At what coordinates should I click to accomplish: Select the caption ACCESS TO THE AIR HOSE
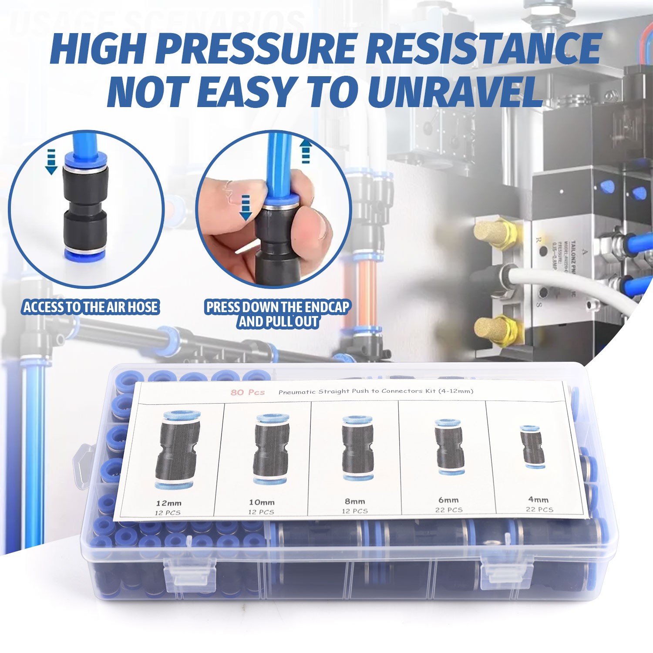pyautogui.click(x=91, y=307)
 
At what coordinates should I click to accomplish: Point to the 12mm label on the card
pyautogui.click(x=169, y=503)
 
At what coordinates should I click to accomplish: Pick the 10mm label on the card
pyautogui.click(x=262, y=502)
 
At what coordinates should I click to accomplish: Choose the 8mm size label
pyautogui.click(x=355, y=501)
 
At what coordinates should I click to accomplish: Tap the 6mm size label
pyautogui.click(x=448, y=500)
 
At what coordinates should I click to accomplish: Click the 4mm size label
pyautogui.click(x=539, y=499)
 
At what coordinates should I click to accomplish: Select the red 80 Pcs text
pyautogui.click(x=247, y=392)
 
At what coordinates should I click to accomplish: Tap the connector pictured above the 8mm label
pyautogui.click(x=357, y=448)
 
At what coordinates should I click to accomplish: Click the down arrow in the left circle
pyautogui.click(x=51, y=162)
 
